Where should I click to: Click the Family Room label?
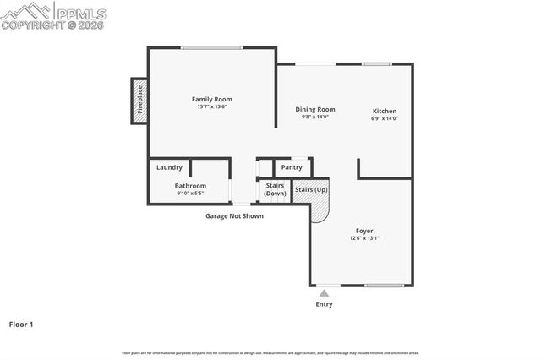pyautogui.click(x=211, y=99)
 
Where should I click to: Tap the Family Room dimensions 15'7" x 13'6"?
pyautogui.click(x=211, y=106)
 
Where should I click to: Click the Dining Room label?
pyautogui.click(x=314, y=109)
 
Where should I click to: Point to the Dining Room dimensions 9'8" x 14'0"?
pyautogui.click(x=314, y=117)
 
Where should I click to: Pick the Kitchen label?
pyautogui.click(x=385, y=111)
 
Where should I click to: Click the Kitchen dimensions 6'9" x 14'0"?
pyautogui.click(x=385, y=118)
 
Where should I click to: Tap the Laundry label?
pyautogui.click(x=169, y=167)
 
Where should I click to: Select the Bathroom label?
pyautogui.click(x=190, y=186)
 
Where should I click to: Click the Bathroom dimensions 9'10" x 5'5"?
pyautogui.click(x=190, y=194)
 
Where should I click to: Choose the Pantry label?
pyautogui.click(x=292, y=167)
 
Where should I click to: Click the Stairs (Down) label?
pyautogui.click(x=275, y=189)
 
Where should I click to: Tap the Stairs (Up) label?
pyautogui.click(x=311, y=189)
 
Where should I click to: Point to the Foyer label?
pyautogui.click(x=364, y=230)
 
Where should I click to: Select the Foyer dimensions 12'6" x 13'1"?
pyautogui.click(x=364, y=238)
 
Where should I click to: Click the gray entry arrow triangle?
pyautogui.click(x=324, y=292)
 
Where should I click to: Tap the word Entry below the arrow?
pyautogui.click(x=324, y=304)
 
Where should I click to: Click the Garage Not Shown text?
pyautogui.click(x=234, y=215)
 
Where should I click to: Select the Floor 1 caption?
pyautogui.click(x=20, y=324)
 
